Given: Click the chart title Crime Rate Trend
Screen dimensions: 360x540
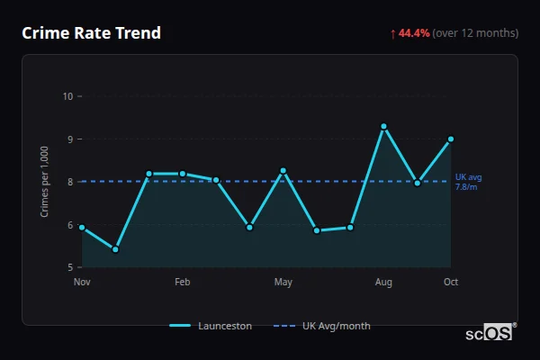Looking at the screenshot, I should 91,33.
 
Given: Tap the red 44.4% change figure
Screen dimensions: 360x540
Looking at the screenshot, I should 414,33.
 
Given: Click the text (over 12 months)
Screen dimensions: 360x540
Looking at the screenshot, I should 475,33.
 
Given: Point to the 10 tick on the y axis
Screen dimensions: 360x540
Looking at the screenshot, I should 67,96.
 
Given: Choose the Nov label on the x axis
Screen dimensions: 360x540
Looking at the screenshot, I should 82,283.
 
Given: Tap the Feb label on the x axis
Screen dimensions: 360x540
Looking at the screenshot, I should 183,283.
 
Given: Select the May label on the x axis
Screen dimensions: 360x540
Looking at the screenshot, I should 283,283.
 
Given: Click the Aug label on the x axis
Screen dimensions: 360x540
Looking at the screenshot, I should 383,283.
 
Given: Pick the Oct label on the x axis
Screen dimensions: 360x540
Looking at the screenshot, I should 451,283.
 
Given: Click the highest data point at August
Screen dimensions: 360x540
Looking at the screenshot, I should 383,127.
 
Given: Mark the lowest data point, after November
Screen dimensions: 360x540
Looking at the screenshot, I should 115,249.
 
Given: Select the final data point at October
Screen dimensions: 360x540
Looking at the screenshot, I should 451,139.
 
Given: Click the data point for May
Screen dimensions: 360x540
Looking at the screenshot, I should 283,171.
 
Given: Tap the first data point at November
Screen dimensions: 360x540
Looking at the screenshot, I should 82,228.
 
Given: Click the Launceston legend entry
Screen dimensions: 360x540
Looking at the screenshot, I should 211,326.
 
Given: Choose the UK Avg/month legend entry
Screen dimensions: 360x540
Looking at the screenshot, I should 325,326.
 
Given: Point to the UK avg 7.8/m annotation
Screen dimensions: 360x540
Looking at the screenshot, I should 468,182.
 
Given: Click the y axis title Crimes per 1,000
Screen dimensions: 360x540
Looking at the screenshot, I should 45,182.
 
